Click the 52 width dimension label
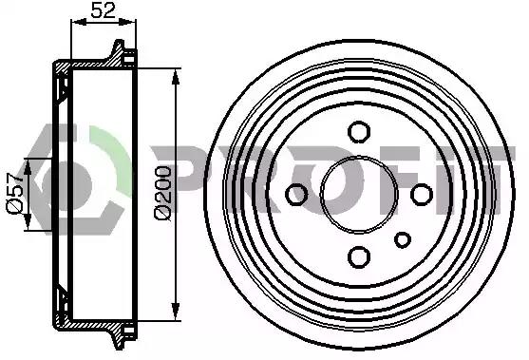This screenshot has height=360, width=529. tap(104, 10)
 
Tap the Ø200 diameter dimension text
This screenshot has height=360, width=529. tap(163, 193)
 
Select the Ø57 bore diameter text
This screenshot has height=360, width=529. tap(15, 193)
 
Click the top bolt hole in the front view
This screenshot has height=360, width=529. tap(359, 132)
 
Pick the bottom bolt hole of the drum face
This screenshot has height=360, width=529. tap(359, 256)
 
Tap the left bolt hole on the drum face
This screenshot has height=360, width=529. tap(296, 195)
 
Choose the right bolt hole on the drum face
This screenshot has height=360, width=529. tap(422, 195)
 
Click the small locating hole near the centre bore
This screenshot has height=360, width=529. tap(403, 240)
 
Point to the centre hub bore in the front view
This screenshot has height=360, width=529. tap(359, 195)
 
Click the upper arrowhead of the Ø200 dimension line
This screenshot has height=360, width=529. tap(175, 77)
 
